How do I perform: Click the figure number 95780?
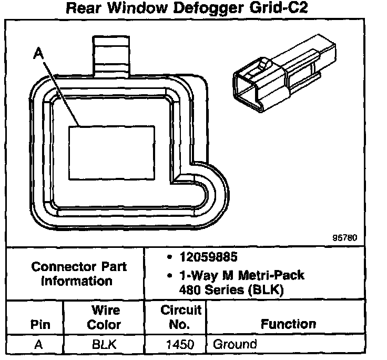tap(344, 237)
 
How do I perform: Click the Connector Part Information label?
tap(78, 274)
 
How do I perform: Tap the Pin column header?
tap(40, 324)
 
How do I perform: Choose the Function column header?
tap(288, 324)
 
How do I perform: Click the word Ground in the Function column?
tap(235, 345)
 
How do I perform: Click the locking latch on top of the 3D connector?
tap(264, 66)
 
